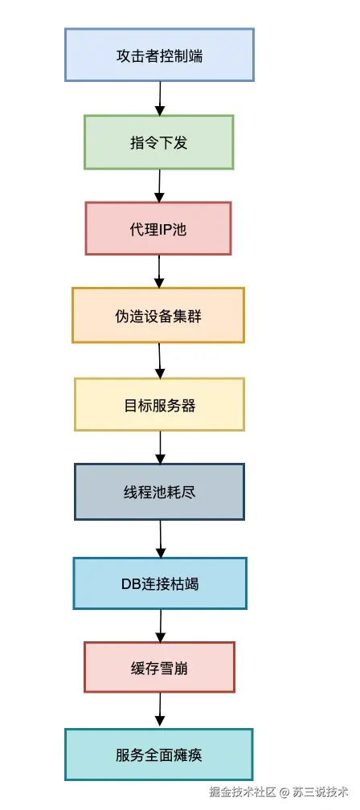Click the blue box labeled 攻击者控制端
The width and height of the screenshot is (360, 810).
[x=159, y=55]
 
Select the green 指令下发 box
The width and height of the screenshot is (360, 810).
[x=159, y=142]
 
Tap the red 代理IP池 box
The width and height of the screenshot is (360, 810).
[x=158, y=229]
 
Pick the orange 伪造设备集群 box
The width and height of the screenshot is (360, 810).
[x=158, y=316]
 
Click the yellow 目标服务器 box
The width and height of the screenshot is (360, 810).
[x=159, y=405]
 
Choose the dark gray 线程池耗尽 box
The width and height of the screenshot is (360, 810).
[x=159, y=491]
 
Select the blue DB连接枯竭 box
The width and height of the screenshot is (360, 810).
[x=160, y=583]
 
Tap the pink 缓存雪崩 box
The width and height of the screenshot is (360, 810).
[x=159, y=668]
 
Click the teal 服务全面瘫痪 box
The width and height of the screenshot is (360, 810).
[x=159, y=755]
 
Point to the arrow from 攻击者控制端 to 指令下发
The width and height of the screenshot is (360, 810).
[x=160, y=98]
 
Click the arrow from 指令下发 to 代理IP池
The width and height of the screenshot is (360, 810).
[x=159, y=186]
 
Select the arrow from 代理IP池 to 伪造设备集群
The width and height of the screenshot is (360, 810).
[x=159, y=272]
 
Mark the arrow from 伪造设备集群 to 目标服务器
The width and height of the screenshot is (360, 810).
[x=160, y=361]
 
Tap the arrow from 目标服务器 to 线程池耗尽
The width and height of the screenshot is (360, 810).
[x=160, y=448]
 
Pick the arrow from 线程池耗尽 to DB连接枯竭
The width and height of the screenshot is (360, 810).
[x=161, y=538]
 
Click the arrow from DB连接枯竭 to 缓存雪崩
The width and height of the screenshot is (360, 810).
[x=161, y=625]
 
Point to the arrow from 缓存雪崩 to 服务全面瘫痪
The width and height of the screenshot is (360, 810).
[x=160, y=710]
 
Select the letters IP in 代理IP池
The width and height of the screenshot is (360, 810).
[x=165, y=229]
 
